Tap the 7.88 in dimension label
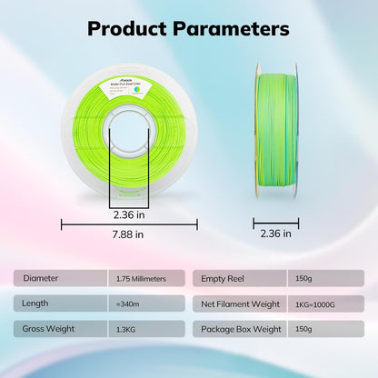(127, 234)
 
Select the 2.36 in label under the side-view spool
(275, 234)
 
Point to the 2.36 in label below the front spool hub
(128, 215)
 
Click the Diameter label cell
(40, 278)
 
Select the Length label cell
(36, 303)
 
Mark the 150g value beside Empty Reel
(303, 278)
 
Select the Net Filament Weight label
(241, 303)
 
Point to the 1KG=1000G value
(315, 303)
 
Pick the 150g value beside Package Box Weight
(303, 328)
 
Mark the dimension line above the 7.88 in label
(129, 222)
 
